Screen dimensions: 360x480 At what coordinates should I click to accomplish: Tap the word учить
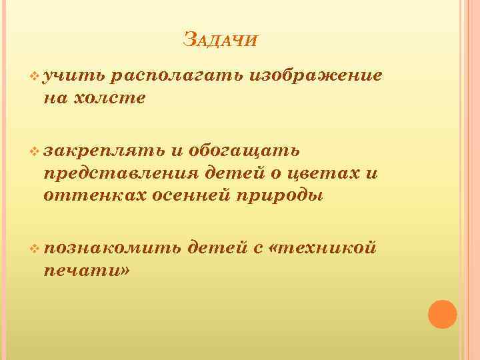[x=69, y=76]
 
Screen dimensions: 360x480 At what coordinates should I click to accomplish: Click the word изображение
[x=316, y=75]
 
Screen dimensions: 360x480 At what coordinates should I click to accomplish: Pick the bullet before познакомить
[x=35, y=249]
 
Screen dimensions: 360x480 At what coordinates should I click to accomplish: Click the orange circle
[x=442, y=314]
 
